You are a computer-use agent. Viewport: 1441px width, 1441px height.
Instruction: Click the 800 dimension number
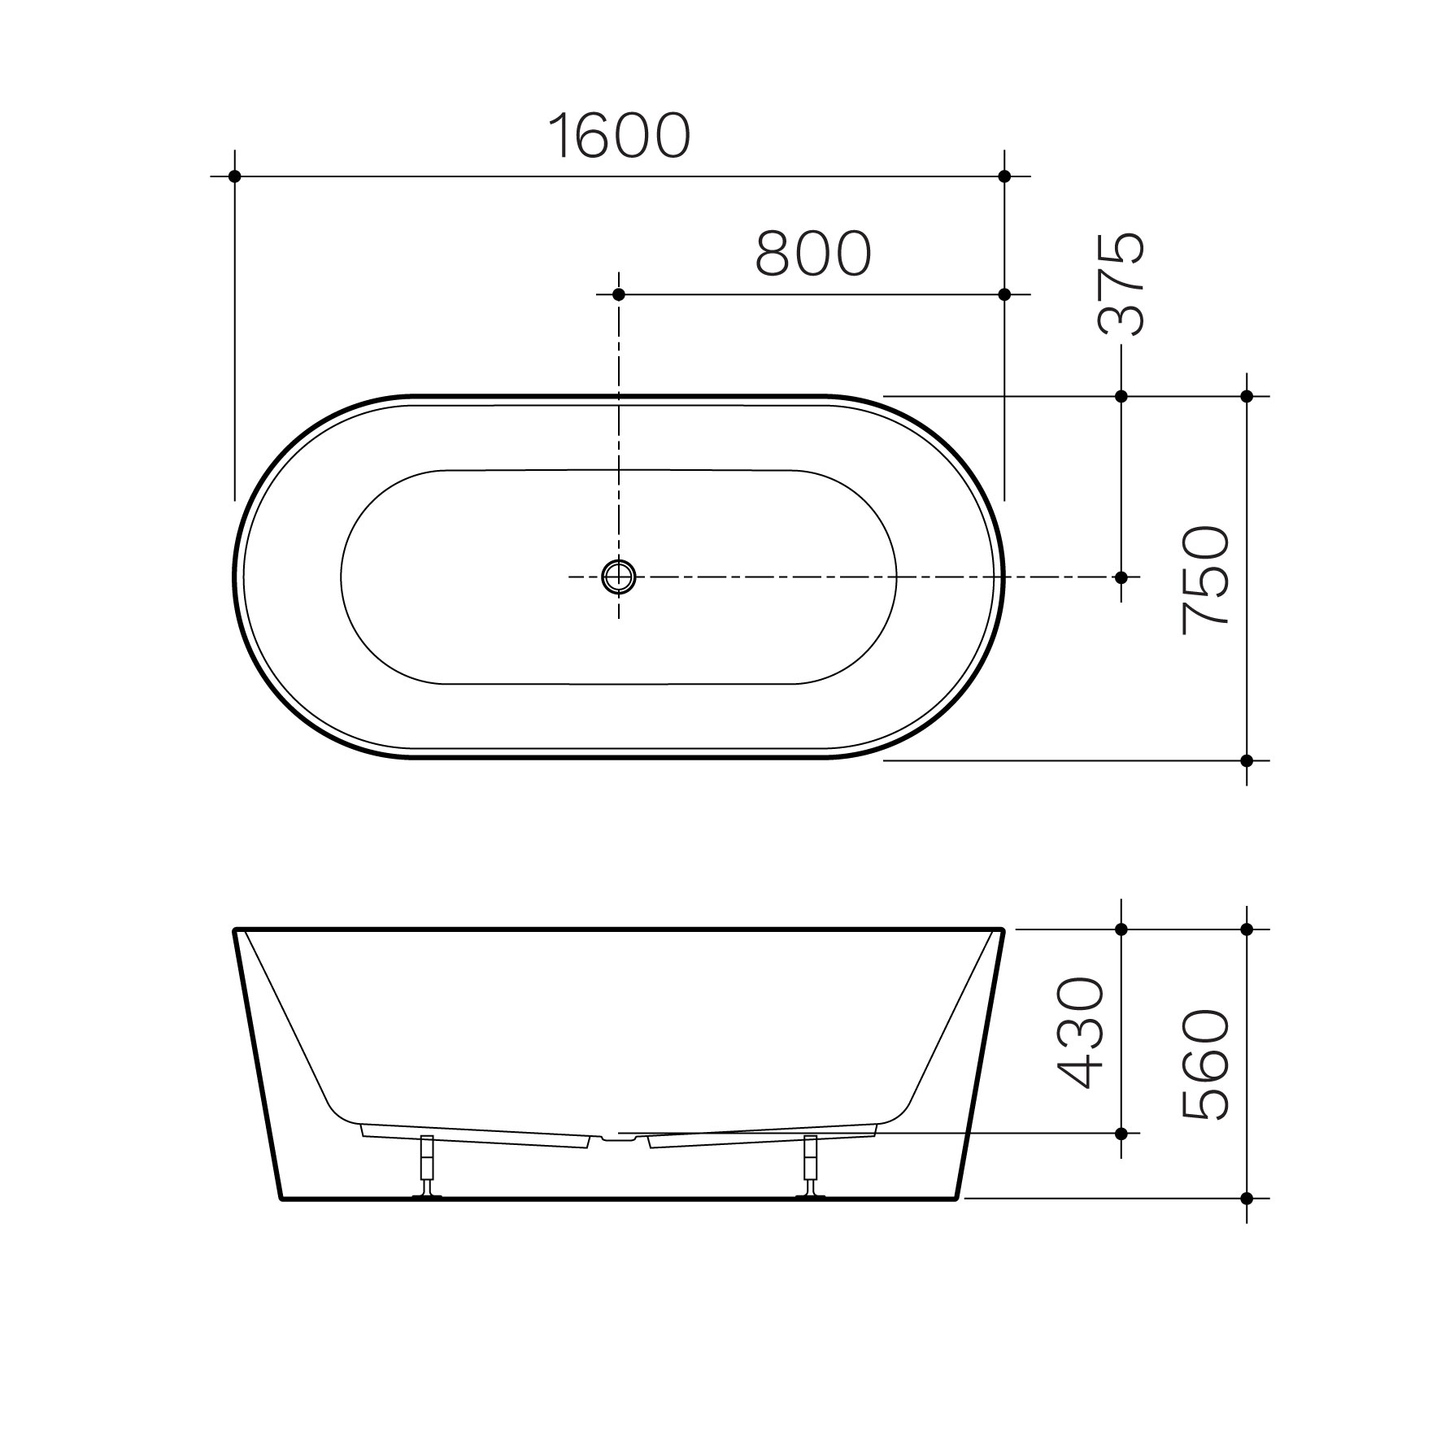pyautogui.click(x=813, y=253)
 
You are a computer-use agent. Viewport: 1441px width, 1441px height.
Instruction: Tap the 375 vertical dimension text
pyautogui.click(x=1121, y=284)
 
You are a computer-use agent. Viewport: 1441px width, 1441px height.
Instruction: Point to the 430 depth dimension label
pyautogui.click(x=1081, y=1032)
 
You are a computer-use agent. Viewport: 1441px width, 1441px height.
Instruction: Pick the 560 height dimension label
pyautogui.click(x=1205, y=1065)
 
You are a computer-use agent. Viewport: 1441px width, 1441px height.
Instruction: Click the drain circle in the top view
pyautogui.click(x=618, y=577)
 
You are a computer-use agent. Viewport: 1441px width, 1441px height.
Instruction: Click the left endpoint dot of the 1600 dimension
pyautogui.click(x=235, y=176)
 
